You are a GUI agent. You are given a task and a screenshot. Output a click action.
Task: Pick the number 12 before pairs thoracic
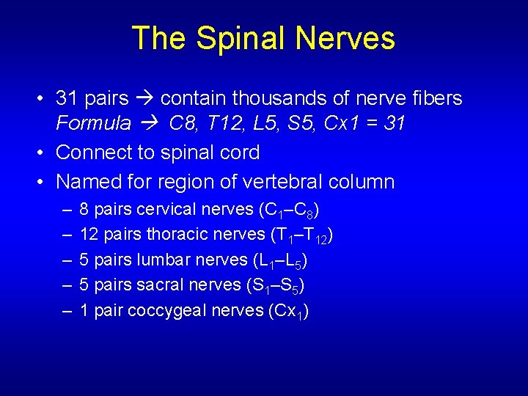coord(89,235)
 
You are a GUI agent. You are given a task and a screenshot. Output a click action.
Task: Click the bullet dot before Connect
coord(45,153)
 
